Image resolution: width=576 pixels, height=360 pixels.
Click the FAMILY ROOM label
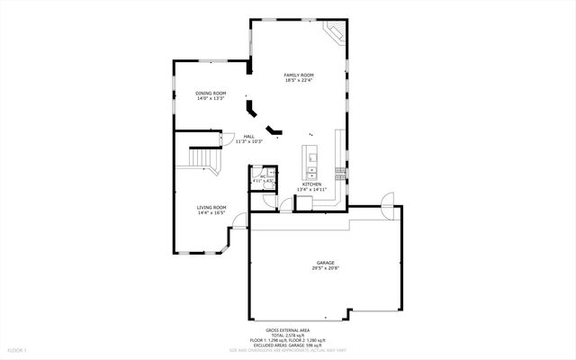298,75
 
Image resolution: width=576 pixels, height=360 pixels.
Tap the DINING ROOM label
211,94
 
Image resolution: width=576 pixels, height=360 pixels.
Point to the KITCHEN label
311,184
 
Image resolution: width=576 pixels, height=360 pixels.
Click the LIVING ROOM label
211,208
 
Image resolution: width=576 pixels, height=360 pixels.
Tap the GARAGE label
325,263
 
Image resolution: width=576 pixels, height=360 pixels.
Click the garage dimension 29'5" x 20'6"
325,268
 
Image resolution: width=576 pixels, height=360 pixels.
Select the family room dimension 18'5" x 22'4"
298,80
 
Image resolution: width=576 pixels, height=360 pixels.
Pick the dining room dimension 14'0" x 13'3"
211,99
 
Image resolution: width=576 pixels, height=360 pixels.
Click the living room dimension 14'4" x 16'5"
211,213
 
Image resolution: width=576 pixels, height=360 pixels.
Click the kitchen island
310,159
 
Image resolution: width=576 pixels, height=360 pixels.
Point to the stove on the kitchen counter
341,170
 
